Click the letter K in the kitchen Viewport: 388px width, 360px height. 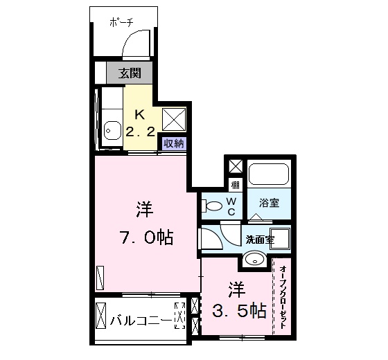pos(139,114)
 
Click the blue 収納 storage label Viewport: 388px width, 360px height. pos(173,143)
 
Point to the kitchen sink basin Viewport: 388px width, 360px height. pos(110,129)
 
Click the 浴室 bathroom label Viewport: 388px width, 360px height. pos(268,204)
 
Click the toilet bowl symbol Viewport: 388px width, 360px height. pos(213,205)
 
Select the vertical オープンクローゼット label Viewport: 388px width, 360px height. pos(283,298)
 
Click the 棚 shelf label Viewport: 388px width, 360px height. pos(236,184)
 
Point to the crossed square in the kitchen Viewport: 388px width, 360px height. pos(173,119)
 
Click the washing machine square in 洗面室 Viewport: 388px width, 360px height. pos(280,239)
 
